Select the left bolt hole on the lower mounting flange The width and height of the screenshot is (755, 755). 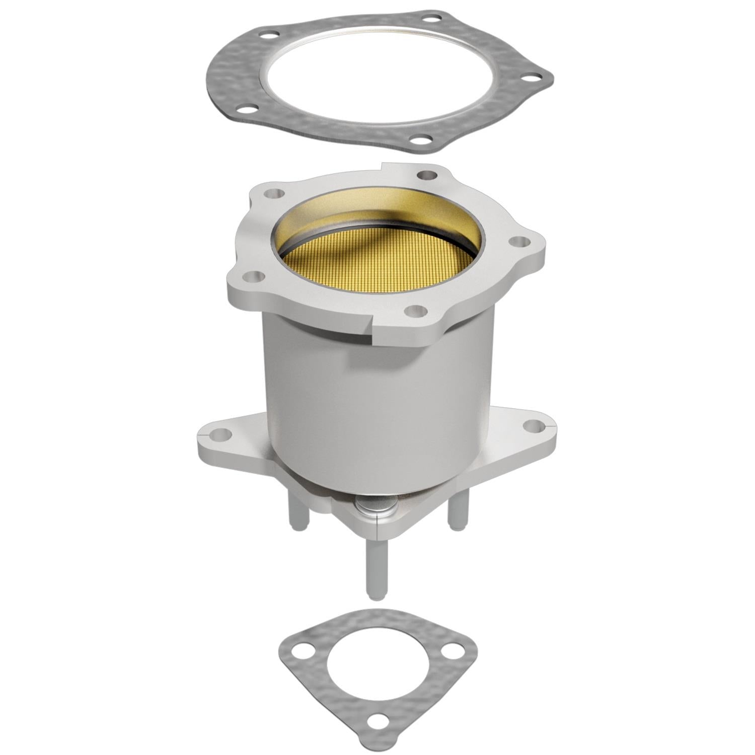tap(217, 433)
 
